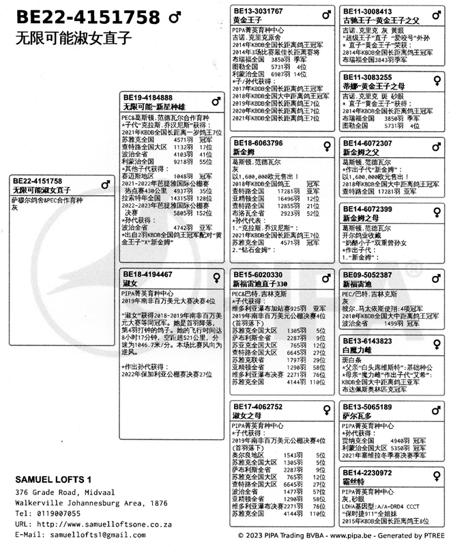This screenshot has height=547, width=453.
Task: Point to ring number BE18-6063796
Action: click(258, 143)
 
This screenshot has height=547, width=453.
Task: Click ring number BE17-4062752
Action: click(258, 407)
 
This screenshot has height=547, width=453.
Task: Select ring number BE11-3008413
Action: click(368, 12)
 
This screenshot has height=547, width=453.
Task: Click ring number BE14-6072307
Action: click(368, 143)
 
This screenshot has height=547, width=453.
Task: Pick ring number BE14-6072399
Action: click(368, 208)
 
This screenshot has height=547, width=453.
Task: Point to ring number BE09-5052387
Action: click(368, 275)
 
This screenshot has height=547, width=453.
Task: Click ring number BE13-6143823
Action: click(368, 340)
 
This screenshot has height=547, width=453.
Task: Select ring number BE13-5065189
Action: click(368, 407)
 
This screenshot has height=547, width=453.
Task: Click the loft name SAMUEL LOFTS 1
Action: click(53, 479)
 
